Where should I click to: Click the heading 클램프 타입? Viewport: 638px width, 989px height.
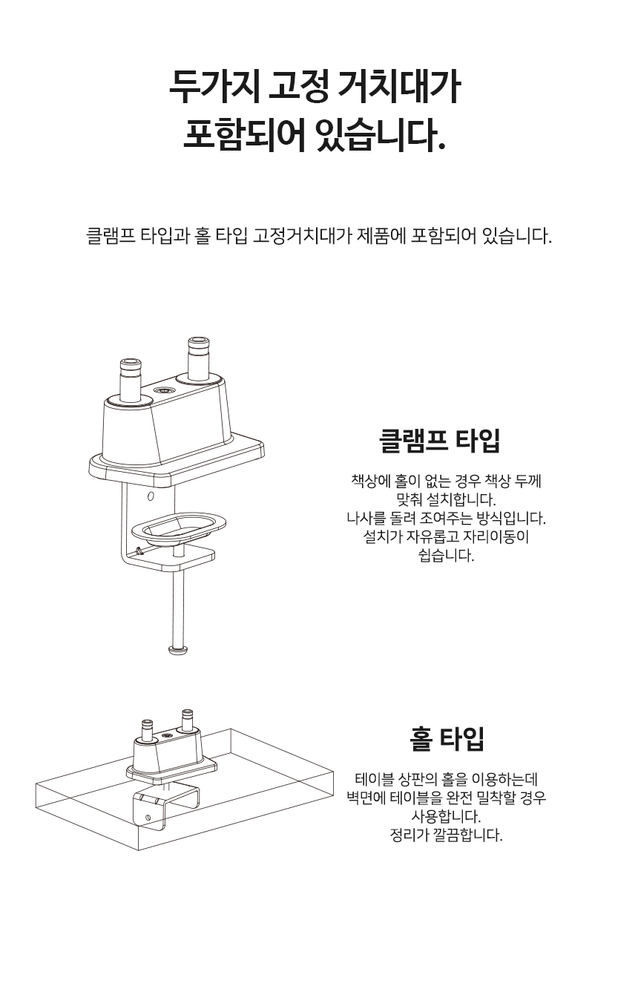pyautogui.click(x=440, y=440)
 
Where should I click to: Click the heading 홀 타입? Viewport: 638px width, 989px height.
pyautogui.click(x=447, y=739)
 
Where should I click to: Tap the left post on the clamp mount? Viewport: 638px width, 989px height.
pyautogui.click(x=131, y=380)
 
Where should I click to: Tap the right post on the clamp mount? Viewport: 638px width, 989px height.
pyautogui.click(x=198, y=359)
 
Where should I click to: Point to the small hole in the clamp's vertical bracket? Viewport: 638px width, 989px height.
pyautogui.click(x=151, y=496)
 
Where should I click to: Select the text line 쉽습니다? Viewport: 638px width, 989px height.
pyautogui.click(x=446, y=555)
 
